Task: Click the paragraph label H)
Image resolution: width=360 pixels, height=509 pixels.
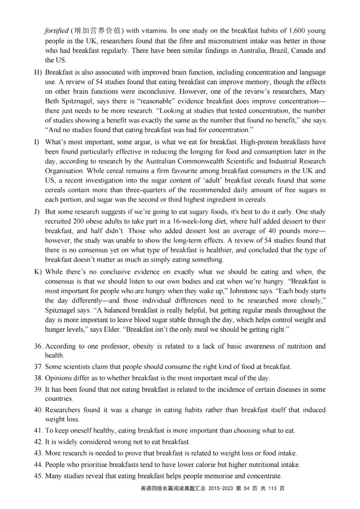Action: [38, 72]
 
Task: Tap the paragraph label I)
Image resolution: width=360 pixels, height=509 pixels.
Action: [37, 142]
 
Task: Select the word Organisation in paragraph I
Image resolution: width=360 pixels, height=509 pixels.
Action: [64, 171]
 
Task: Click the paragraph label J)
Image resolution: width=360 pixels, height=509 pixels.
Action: [37, 212]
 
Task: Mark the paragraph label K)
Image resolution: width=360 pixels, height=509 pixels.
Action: [38, 272]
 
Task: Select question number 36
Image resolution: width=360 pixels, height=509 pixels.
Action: [39, 346]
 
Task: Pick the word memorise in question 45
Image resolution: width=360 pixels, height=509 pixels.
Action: [217, 476]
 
